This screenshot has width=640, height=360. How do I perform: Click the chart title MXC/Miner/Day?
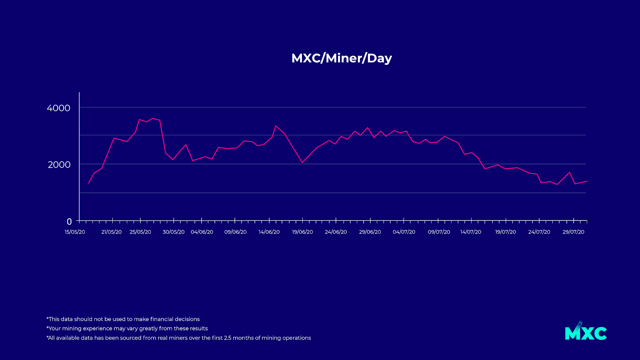point(342,58)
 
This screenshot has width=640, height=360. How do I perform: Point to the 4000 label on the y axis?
point(58,108)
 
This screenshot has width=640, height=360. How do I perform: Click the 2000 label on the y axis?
point(59,164)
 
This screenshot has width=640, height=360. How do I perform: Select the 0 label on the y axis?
point(69,222)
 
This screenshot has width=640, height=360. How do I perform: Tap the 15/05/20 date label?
point(75,232)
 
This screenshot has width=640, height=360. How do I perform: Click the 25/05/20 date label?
point(140,232)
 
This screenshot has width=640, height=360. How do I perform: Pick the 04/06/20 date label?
point(202,232)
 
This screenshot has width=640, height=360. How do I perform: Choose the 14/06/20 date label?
point(269,232)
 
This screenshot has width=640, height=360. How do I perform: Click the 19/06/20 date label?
point(302,232)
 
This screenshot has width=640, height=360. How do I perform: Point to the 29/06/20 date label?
point(370,232)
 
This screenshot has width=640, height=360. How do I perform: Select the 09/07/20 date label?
point(439,232)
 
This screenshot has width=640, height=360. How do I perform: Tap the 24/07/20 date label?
point(539,232)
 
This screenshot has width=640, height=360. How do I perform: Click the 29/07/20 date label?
point(574,232)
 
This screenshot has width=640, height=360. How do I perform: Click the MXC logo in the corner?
point(586,332)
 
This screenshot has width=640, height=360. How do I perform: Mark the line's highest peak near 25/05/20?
point(152,118)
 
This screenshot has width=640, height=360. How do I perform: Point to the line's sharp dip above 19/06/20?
point(302,162)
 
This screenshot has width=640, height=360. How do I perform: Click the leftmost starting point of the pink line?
point(88,183)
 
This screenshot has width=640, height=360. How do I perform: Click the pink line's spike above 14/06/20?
point(276,126)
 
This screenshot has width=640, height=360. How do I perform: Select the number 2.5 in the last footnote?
point(228,338)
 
